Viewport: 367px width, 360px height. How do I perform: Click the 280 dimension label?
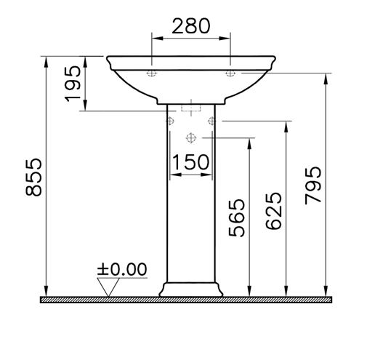(191, 25)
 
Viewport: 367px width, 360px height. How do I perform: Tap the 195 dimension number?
(73, 84)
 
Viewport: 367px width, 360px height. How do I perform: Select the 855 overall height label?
(33, 177)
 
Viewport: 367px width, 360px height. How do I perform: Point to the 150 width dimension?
(190, 161)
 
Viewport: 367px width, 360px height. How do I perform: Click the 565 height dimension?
(237, 217)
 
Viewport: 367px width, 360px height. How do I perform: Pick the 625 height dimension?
(274, 211)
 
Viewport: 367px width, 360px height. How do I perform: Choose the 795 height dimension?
(313, 185)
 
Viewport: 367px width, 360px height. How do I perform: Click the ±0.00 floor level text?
(122, 269)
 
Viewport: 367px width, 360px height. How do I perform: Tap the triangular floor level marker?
(108, 287)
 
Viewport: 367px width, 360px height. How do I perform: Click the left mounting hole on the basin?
(152, 73)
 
